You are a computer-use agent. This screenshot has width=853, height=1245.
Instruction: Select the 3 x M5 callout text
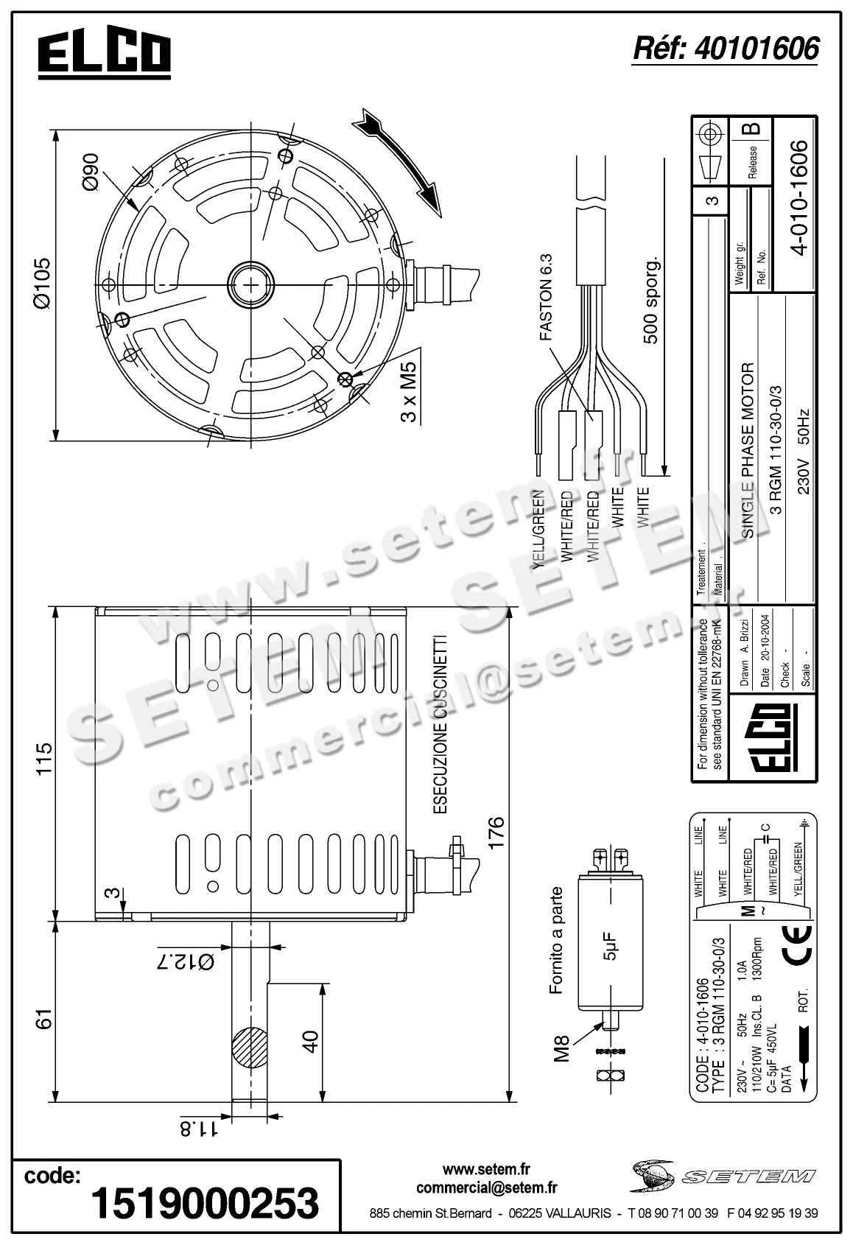pos(409,391)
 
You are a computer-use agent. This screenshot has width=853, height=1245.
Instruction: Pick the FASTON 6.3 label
pos(546,297)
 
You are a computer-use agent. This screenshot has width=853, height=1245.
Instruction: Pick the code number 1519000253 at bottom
pos(205,1202)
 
